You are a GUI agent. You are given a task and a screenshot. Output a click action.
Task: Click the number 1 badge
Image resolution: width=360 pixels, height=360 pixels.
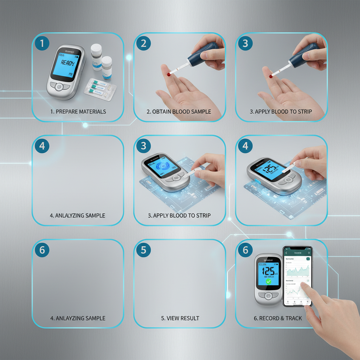click(x=42, y=44)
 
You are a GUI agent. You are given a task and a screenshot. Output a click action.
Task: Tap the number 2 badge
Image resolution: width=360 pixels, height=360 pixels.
click(x=143, y=44)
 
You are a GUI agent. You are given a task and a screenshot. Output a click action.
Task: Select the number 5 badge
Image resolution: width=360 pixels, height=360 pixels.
click(x=143, y=250)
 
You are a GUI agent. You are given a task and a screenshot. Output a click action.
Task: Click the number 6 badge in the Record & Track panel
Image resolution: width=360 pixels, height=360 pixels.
click(x=245, y=250)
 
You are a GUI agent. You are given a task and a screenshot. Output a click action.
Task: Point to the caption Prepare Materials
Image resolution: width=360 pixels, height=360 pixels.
click(x=78, y=111)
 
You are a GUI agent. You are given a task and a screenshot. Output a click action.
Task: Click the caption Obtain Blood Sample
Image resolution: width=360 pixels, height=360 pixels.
click(x=179, y=111)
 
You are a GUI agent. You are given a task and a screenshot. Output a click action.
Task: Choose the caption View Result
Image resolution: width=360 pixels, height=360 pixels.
click(x=180, y=318)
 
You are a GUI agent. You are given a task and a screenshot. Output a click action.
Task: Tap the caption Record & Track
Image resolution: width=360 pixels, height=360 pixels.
click(x=278, y=318)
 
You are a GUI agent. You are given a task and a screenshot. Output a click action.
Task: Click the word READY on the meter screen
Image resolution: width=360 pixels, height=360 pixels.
click(x=67, y=63)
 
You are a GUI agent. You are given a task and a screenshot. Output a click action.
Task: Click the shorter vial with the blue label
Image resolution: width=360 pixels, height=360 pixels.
click(x=107, y=68)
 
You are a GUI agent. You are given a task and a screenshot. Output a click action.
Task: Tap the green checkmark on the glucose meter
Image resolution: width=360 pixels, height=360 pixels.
click(x=268, y=282)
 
